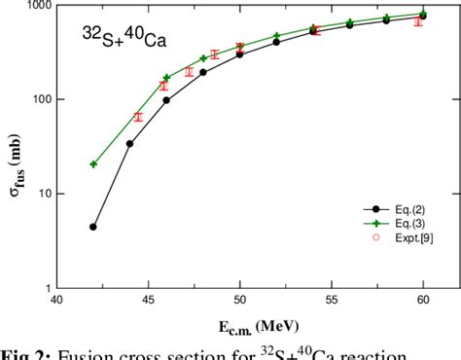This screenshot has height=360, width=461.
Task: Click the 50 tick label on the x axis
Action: point(239,301)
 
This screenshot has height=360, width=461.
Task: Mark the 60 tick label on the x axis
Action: point(423,301)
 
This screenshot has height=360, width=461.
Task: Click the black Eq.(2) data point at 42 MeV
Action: point(93,227)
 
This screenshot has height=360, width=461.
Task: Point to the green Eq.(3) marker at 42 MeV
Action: point(93,163)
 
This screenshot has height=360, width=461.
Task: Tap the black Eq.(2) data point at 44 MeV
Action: point(130,144)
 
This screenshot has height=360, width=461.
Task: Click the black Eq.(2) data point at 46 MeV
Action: point(166,100)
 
